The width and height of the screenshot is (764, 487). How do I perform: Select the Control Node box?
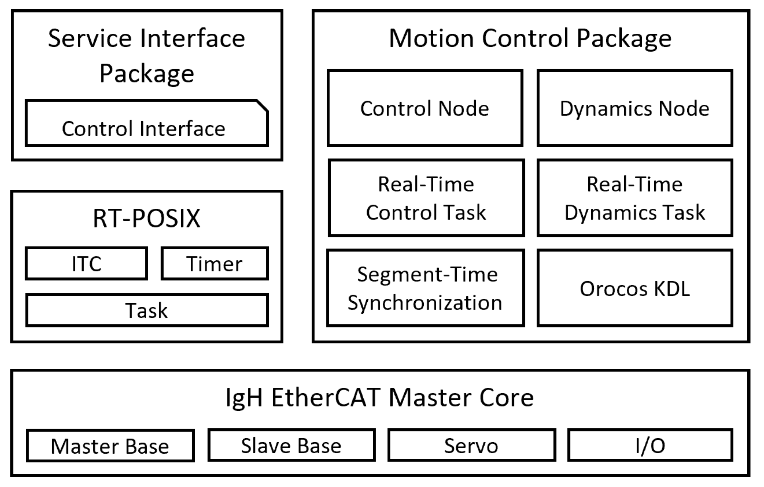425,108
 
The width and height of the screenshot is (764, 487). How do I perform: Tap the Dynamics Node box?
634,108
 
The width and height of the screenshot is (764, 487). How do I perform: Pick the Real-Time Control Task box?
426,198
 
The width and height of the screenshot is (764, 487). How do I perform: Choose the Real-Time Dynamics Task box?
634,198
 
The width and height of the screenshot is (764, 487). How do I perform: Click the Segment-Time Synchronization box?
425,288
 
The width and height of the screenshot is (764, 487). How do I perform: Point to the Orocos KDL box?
634,288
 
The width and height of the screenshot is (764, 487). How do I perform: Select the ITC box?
86,264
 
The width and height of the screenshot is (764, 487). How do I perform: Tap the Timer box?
214,264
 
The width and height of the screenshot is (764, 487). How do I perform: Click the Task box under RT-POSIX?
146,310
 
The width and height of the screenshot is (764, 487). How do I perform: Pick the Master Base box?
110,446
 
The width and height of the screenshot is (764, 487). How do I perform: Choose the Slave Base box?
291,445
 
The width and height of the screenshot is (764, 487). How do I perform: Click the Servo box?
471,445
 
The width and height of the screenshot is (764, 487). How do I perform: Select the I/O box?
650,445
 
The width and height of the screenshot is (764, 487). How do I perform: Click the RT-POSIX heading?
146,218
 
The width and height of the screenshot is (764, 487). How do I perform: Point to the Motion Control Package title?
530,38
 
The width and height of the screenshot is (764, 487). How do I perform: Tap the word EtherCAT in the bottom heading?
326,397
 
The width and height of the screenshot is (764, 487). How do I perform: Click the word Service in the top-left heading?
89,38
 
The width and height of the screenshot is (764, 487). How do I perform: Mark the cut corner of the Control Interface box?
263,106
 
